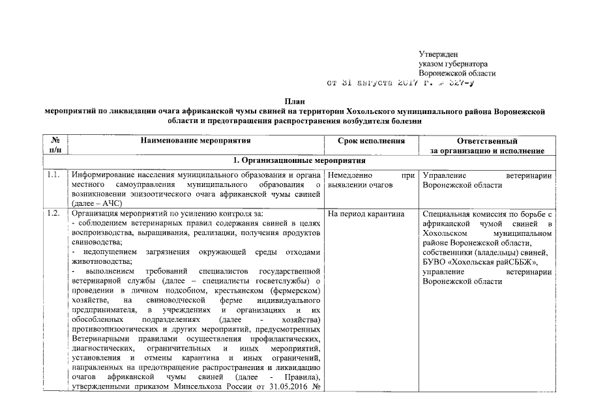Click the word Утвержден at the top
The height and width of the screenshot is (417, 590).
point(438,54)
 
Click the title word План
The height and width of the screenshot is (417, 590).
point(295,102)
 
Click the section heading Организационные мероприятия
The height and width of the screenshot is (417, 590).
point(303,160)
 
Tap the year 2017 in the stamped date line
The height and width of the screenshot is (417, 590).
point(410,83)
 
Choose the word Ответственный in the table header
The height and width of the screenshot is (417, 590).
point(488,141)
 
